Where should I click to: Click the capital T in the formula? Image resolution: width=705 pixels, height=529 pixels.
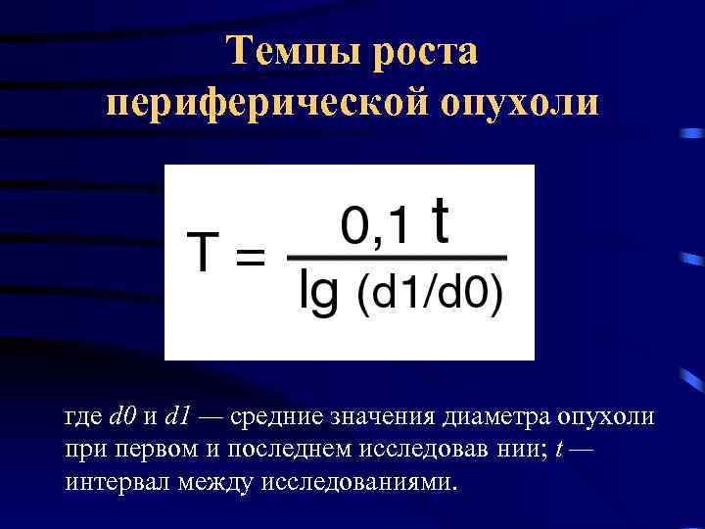[204, 252]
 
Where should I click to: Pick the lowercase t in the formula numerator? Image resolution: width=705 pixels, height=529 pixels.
[443, 221]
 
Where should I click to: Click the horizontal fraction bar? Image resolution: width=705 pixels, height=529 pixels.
[396, 258]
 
